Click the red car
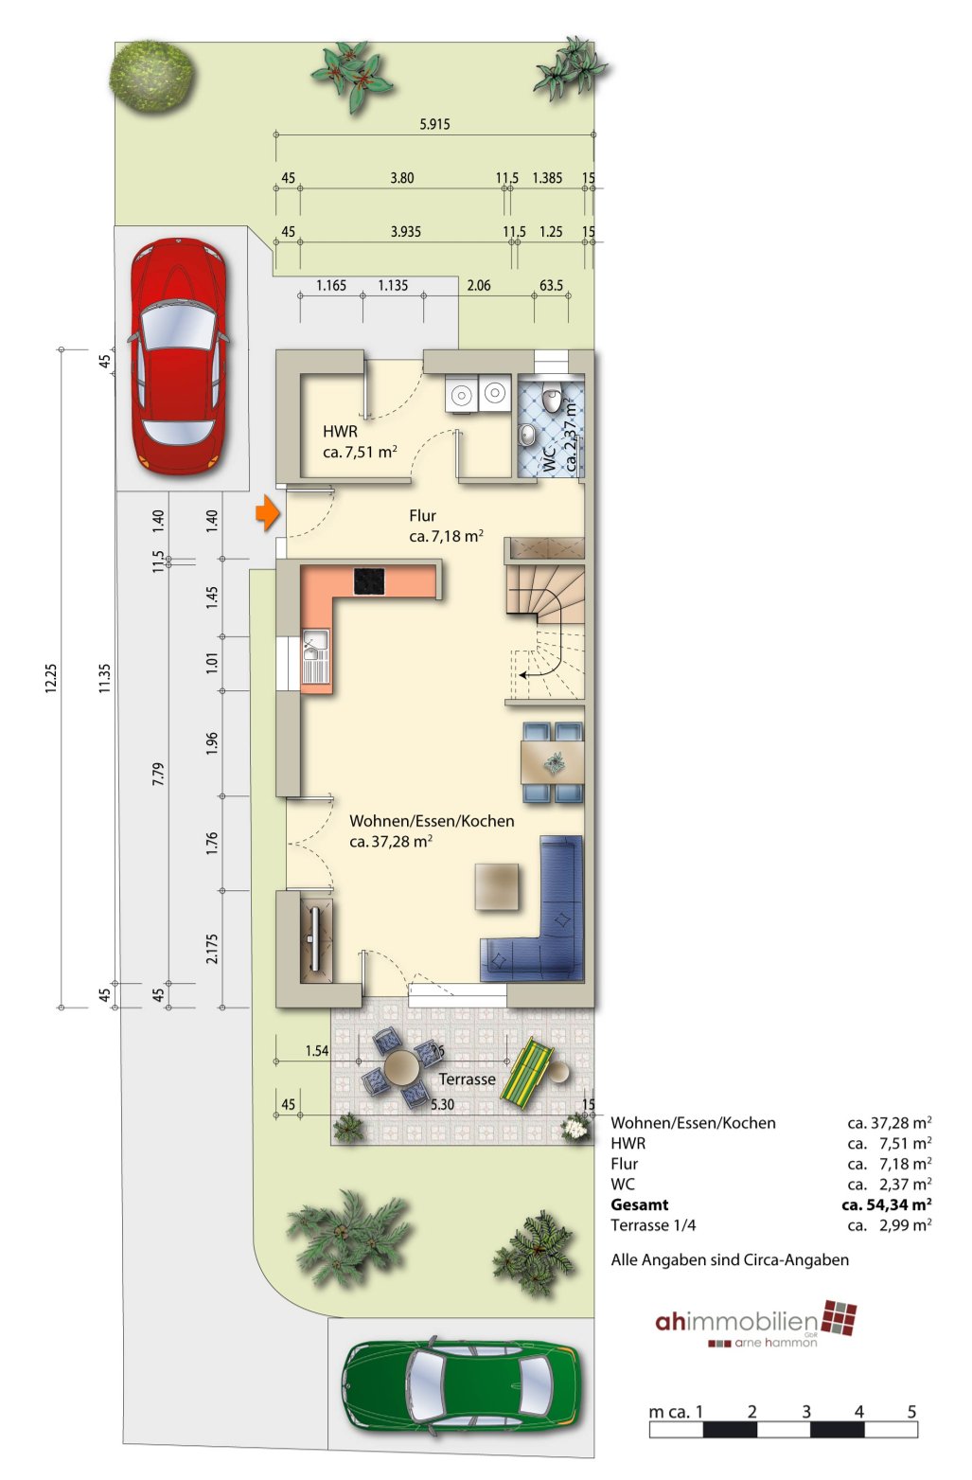pos(179,357)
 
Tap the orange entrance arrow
pos(268,513)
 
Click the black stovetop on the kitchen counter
pos(369,581)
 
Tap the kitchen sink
pos(315,657)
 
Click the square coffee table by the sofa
pos(497,886)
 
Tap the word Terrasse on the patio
pos(467,1079)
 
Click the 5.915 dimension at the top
pos(434,124)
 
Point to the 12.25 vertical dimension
pos(51,678)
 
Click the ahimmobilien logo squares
pos(839,1318)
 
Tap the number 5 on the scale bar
pos(911,1411)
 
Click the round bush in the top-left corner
pos(152,75)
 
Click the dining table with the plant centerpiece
pos(553,762)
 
